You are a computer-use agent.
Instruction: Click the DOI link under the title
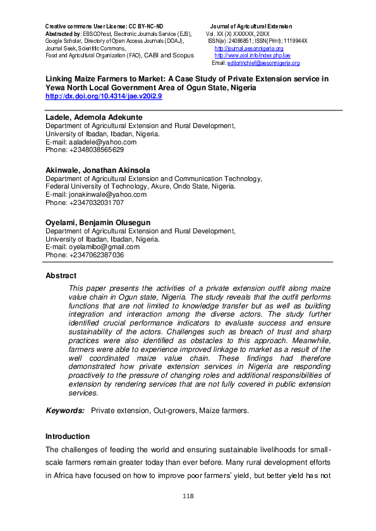(x=104, y=96)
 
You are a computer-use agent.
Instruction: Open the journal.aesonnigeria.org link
(x=249, y=49)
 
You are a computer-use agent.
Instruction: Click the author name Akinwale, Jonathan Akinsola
(x=97, y=170)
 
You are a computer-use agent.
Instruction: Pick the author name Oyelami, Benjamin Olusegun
(x=98, y=223)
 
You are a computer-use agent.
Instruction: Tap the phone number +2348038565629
(x=85, y=150)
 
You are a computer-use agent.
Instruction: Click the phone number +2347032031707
(x=85, y=202)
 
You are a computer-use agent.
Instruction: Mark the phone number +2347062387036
(x=85, y=255)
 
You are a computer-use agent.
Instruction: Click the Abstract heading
(x=61, y=276)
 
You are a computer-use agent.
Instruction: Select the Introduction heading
(x=68, y=436)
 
